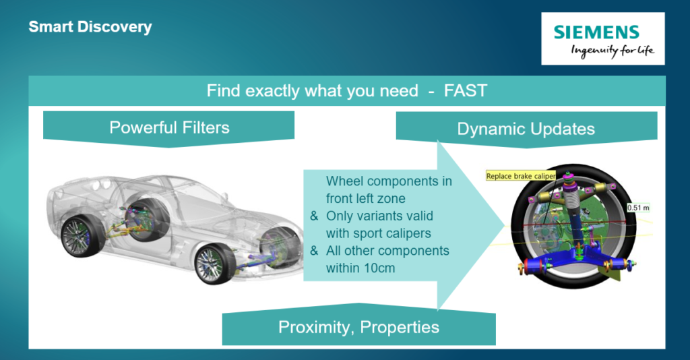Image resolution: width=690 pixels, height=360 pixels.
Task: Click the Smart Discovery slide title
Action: click(90, 27)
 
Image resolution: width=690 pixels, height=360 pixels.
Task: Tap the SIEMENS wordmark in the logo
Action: click(596, 32)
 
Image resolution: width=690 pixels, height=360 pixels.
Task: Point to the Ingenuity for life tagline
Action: click(613, 51)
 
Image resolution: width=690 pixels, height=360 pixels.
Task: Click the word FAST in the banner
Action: click(466, 90)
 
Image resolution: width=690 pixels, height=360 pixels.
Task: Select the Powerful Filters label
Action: click(169, 127)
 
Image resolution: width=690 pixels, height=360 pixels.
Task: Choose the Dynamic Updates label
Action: click(526, 129)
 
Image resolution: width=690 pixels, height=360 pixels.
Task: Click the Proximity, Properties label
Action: click(358, 328)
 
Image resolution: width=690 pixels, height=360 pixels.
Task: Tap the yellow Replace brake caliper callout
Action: click(521, 176)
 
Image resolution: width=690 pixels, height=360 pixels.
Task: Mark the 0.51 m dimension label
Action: click(638, 208)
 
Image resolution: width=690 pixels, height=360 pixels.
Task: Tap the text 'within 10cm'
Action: click(360, 268)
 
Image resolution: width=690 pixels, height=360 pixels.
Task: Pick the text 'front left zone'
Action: click(365, 198)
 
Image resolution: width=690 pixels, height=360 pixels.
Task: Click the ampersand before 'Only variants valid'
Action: click(314, 216)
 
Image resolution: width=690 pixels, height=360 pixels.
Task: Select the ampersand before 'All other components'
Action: click(314, 250)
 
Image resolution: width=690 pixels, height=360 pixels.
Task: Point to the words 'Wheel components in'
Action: click(389, 181)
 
